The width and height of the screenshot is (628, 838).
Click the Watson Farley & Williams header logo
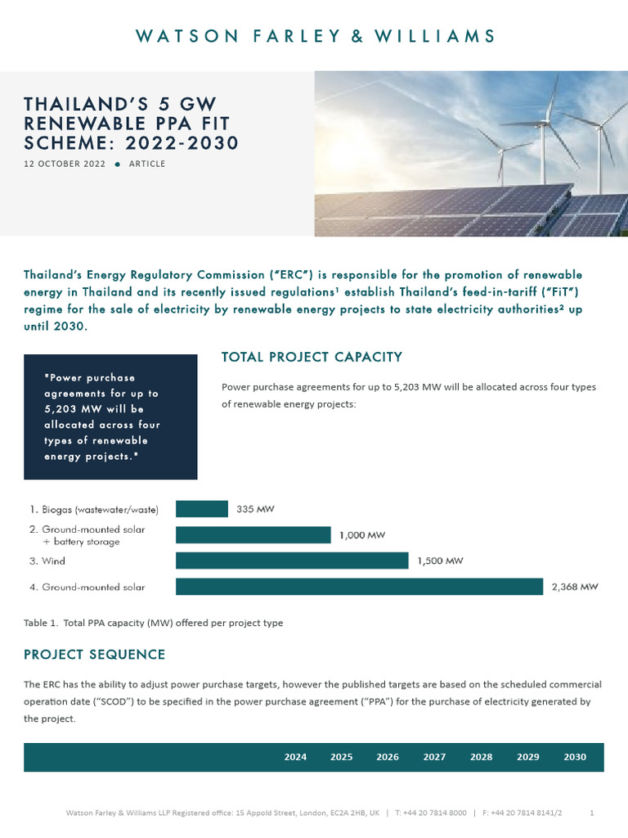click(x=315, y=36)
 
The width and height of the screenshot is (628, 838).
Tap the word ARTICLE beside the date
click(x=147, y=164)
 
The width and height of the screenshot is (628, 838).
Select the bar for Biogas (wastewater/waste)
click(x=202, y=509)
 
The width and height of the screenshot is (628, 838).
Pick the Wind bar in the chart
click(x=292, y=561)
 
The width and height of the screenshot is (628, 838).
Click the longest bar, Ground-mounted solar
click(x=359, y=587)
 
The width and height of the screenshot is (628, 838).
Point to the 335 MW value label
click(x=255, y=509)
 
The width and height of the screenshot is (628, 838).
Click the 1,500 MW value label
click(x=441, y=561)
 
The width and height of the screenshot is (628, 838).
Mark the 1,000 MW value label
click(x=362, y=535)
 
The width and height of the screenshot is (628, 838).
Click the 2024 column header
click(x=295, y=757)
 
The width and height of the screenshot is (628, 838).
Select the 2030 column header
click(x=575, y=757)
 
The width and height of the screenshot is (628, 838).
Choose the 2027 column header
click(x=434, y=757)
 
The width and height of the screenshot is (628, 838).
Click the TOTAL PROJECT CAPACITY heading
click(x=312, y=357)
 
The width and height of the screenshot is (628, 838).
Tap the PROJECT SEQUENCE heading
click(x=94, y=655)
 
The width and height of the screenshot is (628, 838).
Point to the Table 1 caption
click(x=153, y=623)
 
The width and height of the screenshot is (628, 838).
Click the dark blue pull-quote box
click(x=110, y=417)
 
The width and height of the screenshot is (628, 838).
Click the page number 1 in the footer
click(x=591, y=813)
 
